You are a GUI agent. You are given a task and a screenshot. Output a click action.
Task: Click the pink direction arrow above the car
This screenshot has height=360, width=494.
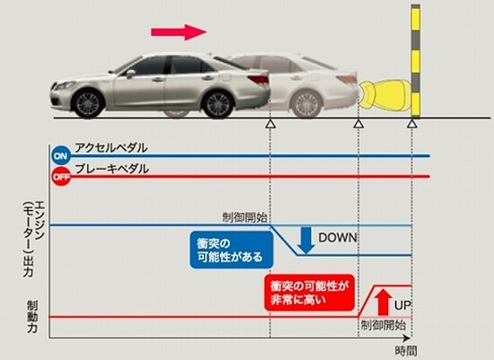(x=179, y=32)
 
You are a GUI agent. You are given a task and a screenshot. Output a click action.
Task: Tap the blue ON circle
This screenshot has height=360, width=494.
(x=61, y=155)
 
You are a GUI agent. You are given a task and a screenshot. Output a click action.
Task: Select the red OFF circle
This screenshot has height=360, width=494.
(x=61, y=177)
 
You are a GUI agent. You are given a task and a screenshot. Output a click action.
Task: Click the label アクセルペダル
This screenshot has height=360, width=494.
(x=111, y=147)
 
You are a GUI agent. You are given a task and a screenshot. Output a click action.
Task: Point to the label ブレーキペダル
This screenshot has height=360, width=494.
(x=112, y=169)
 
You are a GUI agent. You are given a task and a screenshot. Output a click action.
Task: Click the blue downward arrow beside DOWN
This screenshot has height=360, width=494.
(x=305, y=241)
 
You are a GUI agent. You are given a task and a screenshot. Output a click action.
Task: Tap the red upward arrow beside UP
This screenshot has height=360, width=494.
(x=383, y=302)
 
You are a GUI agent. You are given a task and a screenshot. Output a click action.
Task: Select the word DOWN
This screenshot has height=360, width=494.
(x=338, y=238)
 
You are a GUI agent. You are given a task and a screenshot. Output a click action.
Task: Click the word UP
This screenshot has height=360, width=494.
(x=402, y=305)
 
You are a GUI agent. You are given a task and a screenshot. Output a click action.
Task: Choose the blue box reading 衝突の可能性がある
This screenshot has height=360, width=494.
(x=231, y=250)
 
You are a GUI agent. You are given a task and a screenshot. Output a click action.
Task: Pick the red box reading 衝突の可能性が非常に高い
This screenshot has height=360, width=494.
(x=309, y=293)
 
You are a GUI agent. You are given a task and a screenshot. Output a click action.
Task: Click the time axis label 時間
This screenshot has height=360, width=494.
(x=406, y=351)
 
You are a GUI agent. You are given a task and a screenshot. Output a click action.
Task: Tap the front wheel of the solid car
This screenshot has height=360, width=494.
(x=88, y=103)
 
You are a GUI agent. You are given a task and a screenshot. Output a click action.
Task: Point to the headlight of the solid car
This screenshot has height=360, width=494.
(x=66, y=85)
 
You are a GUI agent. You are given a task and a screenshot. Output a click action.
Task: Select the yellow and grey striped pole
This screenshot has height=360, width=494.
(x=416, y=61)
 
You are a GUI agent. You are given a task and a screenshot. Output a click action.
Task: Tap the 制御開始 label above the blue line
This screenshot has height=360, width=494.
(x=245, y=217)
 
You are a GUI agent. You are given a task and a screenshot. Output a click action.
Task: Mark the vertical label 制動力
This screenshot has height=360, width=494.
(x=31, y=317)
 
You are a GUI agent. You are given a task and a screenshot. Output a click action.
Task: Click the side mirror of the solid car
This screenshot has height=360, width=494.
(x=130, y=73)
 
